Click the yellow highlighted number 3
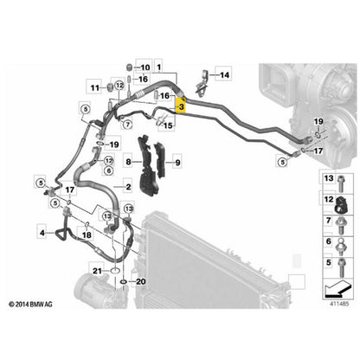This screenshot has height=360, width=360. (x=181, y=106)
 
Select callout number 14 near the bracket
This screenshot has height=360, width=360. (x=224, y=75)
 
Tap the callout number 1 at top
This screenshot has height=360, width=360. (x=159, y=67)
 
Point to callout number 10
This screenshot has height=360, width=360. (x=145, y=67)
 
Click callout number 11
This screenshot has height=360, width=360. (x=95, y=87)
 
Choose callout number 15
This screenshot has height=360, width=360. (x=168, y=125)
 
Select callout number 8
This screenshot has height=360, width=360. (x=128, y=162)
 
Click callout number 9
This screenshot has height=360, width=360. (x=177, y=163)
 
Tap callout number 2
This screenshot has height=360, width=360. (x=128, y=187)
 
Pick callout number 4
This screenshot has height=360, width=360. (x=42, y=233)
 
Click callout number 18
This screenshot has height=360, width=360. (x=87, y=235)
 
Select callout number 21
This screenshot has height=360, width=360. (x=97, y=271)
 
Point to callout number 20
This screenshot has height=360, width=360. (x=140, y=281)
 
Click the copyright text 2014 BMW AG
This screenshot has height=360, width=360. (x=30, y=304)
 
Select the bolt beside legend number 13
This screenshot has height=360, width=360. (x=341, y=183)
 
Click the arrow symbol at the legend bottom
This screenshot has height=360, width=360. (x=337, y=288)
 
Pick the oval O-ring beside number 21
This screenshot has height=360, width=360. (x=115, y=271)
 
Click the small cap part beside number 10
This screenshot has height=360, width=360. (x=129, y=67)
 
